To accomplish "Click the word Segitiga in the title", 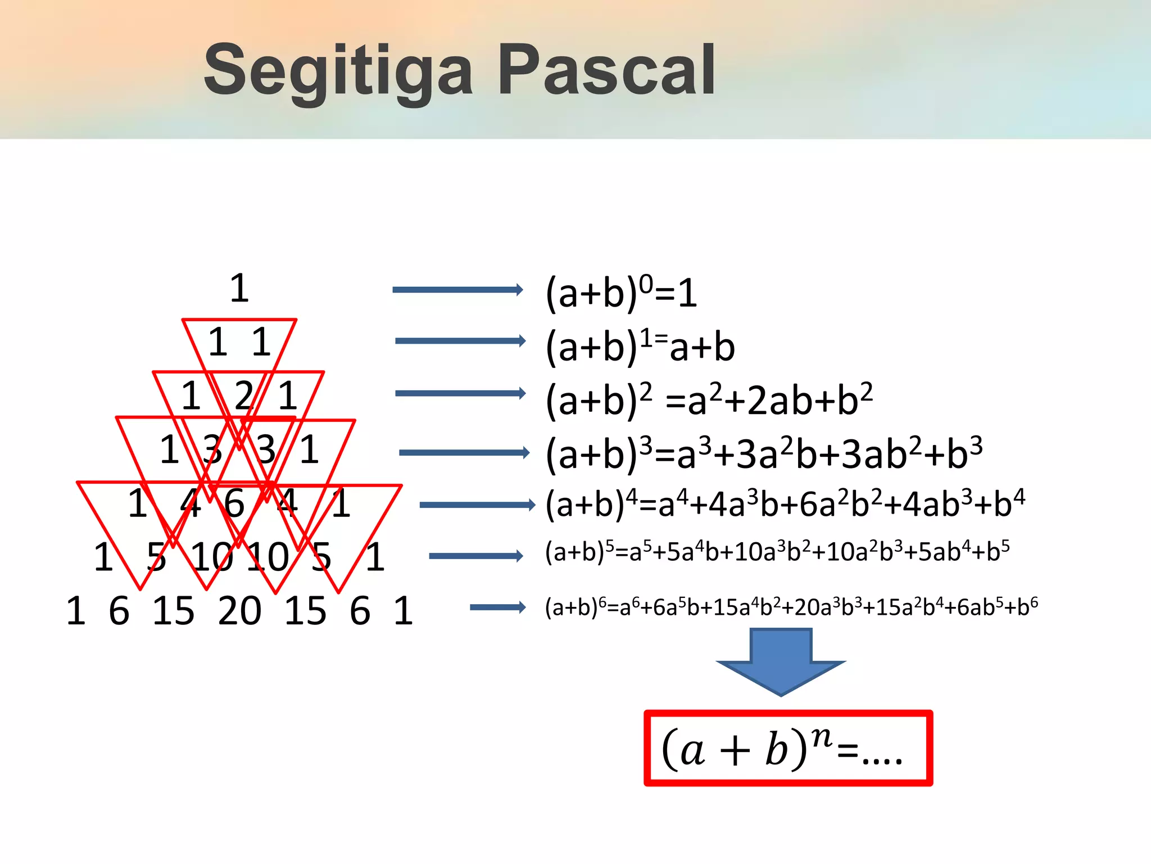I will (337, 72).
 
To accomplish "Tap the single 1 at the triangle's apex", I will (239, 288).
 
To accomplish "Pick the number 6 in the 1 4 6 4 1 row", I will (234, 503).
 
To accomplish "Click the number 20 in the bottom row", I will (239, 611).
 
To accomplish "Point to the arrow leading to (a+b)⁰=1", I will (457, 290).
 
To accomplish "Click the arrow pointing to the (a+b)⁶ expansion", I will (497, 607).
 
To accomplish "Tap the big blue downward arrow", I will (781, 661).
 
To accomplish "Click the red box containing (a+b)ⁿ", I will (788, 748).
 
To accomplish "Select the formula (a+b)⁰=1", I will (621, 292).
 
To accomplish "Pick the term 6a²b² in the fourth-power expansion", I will (832, 503).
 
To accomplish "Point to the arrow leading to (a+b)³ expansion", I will (464, 453).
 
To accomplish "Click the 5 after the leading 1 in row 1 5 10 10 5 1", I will (156, 557).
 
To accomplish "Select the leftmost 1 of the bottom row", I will (76, 611).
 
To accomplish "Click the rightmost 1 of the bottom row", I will (403, 611).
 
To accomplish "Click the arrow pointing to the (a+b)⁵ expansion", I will (475, 556).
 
